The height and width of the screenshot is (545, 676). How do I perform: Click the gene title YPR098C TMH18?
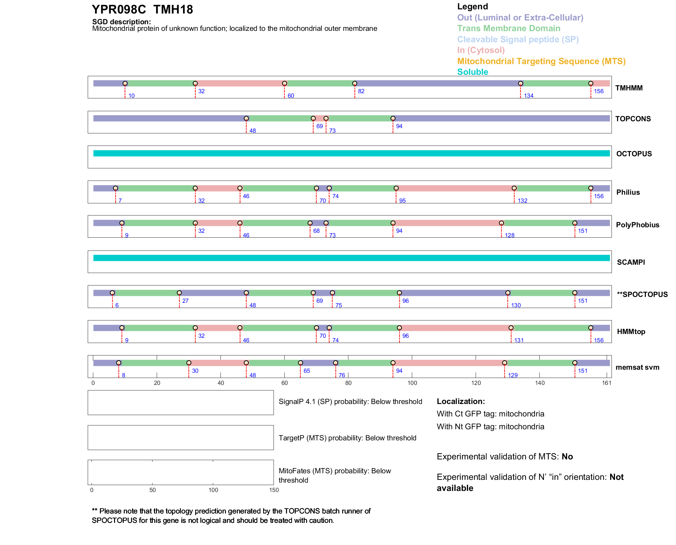click(142, 10)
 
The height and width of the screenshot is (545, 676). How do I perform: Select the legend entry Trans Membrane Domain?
click(509, 28)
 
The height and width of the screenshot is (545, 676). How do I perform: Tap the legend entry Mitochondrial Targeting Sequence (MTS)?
click(541, 61)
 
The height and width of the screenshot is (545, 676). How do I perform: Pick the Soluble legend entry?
click(473, 72)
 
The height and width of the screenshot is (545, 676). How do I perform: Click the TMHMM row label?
click(629, 88)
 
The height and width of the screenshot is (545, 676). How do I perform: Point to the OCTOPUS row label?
click(634, 154)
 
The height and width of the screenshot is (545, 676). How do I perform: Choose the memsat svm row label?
click(637, 367)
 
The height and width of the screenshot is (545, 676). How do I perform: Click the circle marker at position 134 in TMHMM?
click(520, 83)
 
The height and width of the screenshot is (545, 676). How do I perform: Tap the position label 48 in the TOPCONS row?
click(253, 131)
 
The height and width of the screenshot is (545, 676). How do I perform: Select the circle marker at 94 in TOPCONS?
click(393, 118)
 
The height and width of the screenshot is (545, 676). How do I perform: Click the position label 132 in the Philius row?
click(522, 201)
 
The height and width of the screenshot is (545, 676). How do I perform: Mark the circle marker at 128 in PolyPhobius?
click(501, 223)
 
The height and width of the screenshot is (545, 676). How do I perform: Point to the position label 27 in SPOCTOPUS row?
click(185, 301)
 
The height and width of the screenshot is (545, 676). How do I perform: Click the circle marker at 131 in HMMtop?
click(511, 328)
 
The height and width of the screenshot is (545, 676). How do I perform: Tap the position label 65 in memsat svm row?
click(307, 371)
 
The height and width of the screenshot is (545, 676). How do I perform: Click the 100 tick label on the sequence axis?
click(412, 383)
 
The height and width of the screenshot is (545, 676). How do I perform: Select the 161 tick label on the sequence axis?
click(607, 383)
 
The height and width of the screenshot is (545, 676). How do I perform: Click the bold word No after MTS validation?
click(567, 457)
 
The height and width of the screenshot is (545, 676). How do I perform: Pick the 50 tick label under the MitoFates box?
click(153, 490)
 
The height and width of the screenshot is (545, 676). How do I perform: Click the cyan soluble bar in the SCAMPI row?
click(351, 258)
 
